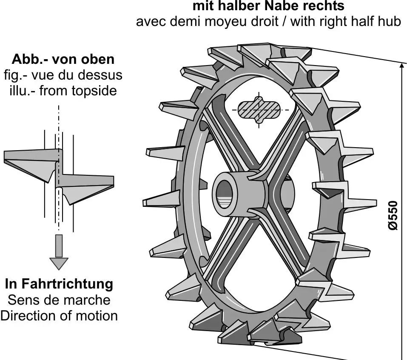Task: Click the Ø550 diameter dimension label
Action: pos(394,216)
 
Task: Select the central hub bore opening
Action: pos(225,195)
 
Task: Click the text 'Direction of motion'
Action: pos(59,316)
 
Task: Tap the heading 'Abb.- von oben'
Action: pos(63,59)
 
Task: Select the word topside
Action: pos(93,91)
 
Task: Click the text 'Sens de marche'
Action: pos(59,300)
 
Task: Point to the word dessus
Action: pos(102,75)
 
